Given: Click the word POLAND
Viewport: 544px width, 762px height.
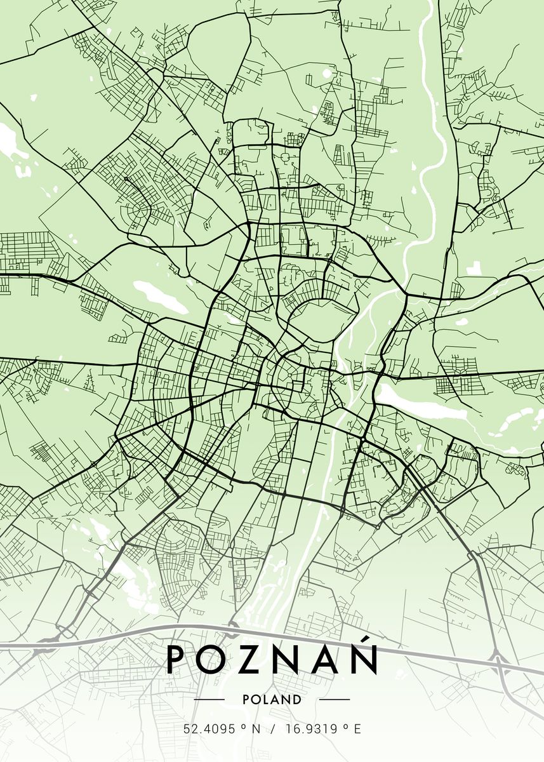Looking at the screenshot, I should [272, 700].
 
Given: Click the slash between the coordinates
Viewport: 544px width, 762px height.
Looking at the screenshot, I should [274, 730].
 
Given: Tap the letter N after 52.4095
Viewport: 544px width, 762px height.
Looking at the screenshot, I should [256, 730].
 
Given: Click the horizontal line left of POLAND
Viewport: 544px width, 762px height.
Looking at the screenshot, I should [209, 700].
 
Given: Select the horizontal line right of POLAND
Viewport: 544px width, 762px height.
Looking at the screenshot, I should [334, 700].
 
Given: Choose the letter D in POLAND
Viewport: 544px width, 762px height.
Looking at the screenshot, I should [297, 700].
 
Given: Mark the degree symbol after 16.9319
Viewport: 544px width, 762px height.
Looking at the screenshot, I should [343, 727].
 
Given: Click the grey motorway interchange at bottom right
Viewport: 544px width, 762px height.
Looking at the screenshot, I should [500, 667].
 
